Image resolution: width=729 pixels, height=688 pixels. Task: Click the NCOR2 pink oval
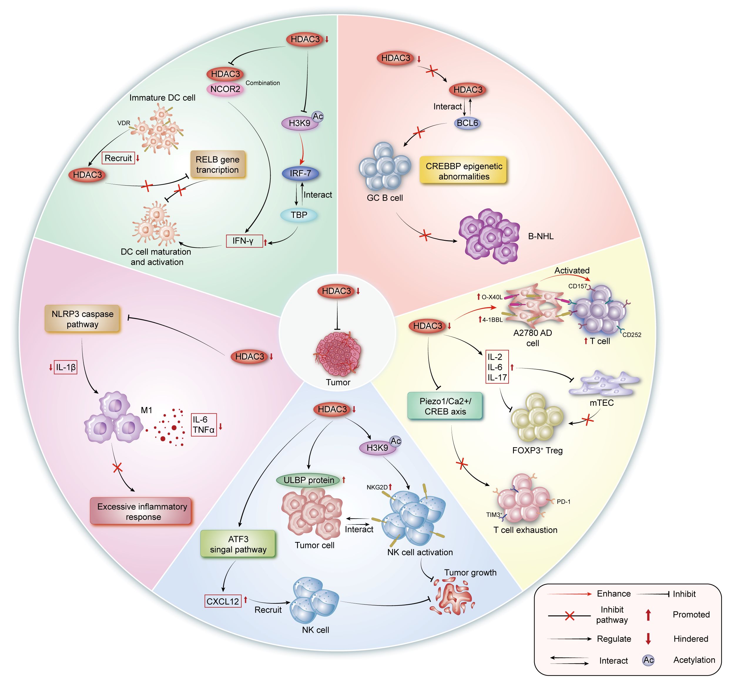(x=225, y=89)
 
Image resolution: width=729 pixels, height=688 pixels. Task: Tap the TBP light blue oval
(x=299, y=215)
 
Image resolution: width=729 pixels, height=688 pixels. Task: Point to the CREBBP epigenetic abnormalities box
(x=464, y=171)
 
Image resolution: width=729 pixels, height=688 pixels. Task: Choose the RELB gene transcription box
(x=217, y=164)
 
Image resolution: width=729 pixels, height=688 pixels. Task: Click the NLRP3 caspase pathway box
(x=82, y=319)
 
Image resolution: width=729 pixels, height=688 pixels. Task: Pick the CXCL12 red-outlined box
(x=223, y=601)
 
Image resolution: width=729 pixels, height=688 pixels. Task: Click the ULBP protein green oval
(x=309, y=480)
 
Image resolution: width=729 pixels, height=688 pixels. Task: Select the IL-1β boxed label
(x=66, y=367)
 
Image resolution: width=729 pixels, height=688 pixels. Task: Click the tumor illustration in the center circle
(x=338, y=354)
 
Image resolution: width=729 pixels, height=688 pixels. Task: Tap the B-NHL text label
(x=541, y=236)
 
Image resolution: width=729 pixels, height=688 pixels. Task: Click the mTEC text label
(x=602, y=403)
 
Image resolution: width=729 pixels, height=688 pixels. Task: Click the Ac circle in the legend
(x=648, y=660)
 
